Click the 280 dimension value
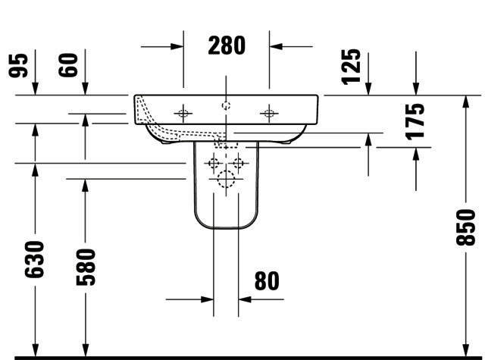227,45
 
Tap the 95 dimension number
18,65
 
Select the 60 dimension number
68,65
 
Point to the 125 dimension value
351,67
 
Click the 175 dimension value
415,121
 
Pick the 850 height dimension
465,227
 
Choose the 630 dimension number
34,259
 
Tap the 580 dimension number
86,268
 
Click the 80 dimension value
267,281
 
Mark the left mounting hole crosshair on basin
183,114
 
